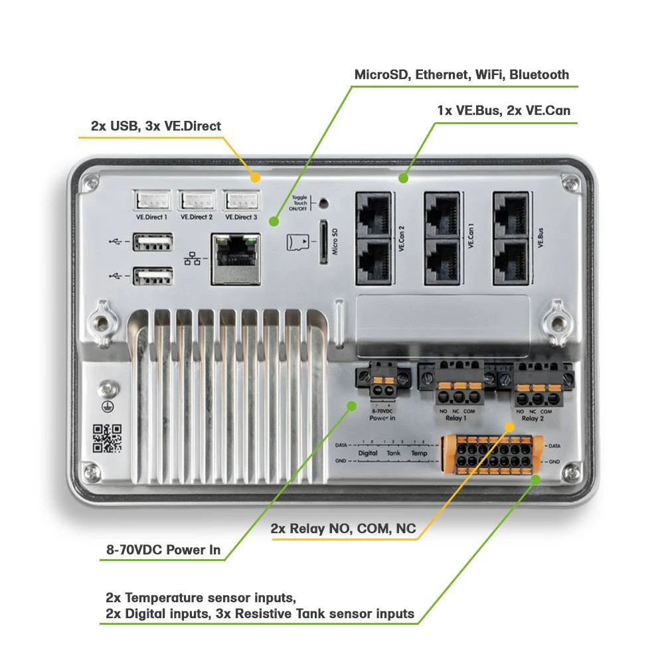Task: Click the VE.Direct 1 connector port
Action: tap(152, 199)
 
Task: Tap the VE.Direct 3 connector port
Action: tap(241, 199)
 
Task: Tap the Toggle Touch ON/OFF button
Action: tap(323, 203)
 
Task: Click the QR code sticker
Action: tap(107, 438)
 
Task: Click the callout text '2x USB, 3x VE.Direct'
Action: tap(156, 126)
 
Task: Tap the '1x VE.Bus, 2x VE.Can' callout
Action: tap(503, 110)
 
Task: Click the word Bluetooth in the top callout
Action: tap(539, 74)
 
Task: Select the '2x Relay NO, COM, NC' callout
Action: tap(343, 529)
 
